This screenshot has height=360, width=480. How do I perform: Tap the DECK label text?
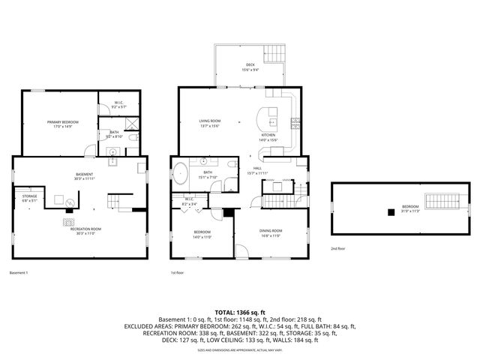pyautogui.click(x=250, y=65)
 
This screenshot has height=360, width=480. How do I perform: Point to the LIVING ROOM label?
pyautogui.click(x=209, y=121)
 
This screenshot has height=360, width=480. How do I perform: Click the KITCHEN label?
pyautogui.click(x=268, y=135)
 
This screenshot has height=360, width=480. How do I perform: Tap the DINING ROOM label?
pyautogui.click(x=271, y=230)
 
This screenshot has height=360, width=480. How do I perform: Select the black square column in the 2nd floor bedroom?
pyautogui.click(x=390, y=212)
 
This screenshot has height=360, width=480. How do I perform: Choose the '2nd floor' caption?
pyautogui.click(x=339, y=248)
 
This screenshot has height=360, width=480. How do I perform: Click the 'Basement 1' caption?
pyautogui.click(x=19, y=272)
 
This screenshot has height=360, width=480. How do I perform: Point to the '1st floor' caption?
pyautogui.click(x=177, y=272)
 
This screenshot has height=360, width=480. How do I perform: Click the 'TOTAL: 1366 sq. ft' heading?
pyautogui.click(x=240, y=312)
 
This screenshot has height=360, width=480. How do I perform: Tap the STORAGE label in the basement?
pyautogui.click(x=29, y=196)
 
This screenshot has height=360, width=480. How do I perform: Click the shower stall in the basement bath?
pyautogui.click(x=130, y=124)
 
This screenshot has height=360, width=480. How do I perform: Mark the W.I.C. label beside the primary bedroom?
pyautogui.click(x=119, y=103)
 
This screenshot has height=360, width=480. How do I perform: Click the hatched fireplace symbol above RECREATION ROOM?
pyautogui.click(x=67, y=221)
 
